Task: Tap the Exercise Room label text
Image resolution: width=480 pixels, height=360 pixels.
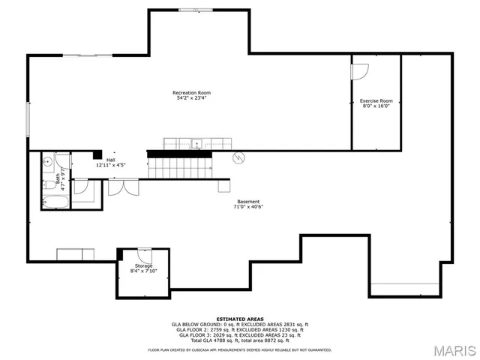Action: coord(376,100)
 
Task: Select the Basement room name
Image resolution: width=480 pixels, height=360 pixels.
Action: coord(248,201)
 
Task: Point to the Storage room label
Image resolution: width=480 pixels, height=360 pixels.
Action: coord(143,266)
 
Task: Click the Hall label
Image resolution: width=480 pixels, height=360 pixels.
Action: coord(110,160)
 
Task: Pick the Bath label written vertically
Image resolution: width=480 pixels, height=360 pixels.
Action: coord(58,179)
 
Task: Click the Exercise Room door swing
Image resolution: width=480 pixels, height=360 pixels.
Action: coord(360,72)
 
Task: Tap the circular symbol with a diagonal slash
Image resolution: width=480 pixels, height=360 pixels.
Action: coord(239,157)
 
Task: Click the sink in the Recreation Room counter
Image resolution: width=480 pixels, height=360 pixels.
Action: coord(196,143)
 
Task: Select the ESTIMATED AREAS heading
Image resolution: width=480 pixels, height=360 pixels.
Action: coord(239,319)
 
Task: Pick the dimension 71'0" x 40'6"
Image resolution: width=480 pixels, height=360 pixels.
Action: coord(248,207)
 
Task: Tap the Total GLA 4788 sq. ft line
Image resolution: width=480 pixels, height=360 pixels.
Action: coord(239,340)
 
